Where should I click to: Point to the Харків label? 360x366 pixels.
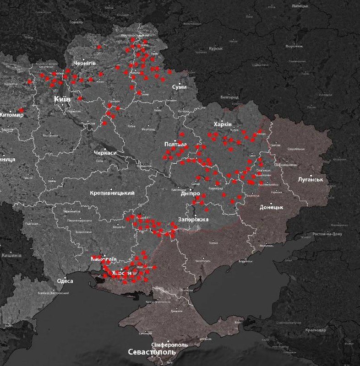224,124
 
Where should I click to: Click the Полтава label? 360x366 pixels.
176,145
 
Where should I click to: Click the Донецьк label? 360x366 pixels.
272,207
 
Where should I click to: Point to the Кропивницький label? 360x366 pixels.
112,193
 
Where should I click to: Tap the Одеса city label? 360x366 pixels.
65,281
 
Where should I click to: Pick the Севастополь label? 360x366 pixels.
151,353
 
